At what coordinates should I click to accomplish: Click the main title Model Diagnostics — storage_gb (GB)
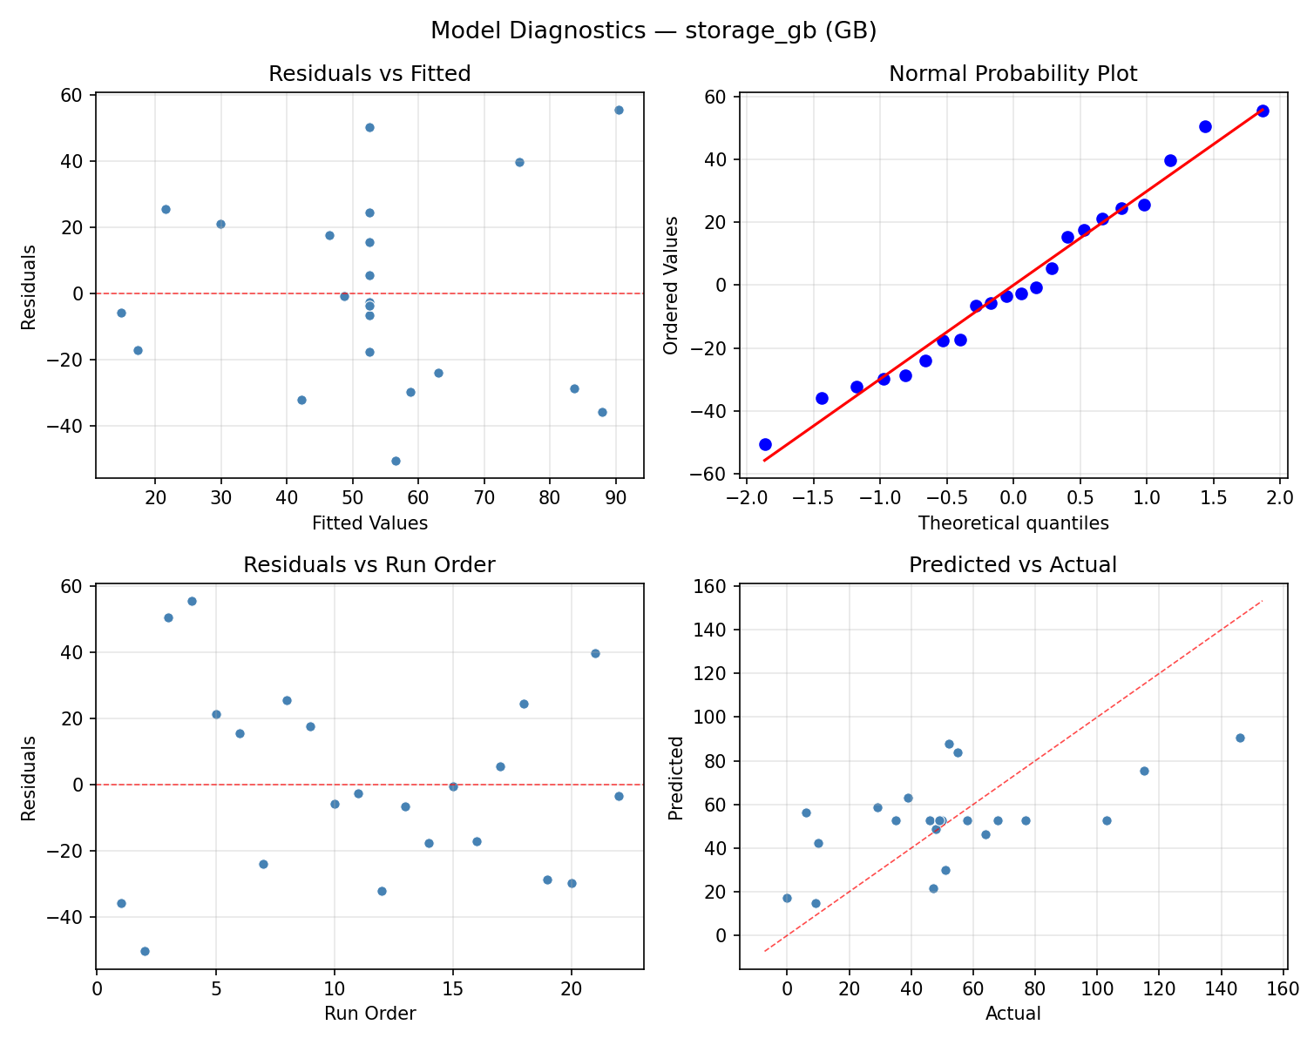pos(653,30)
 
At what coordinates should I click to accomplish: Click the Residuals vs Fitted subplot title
pos(369,74)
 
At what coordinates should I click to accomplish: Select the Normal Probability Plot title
pos(1012,74)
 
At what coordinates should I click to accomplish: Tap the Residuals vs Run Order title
pos(369,565)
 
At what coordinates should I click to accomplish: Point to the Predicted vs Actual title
pos(1012,565)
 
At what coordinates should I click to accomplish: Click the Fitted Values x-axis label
pos(369,523)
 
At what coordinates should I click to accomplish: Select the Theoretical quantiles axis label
pos(1012,523)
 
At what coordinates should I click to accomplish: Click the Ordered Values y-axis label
pos(670,285)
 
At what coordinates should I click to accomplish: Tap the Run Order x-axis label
pos(369,1014)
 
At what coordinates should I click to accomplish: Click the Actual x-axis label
pos(1012,1014)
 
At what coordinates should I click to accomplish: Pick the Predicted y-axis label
pos(675,777)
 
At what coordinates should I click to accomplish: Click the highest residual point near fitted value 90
pos(619,110)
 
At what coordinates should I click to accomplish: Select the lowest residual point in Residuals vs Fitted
pos(396,461)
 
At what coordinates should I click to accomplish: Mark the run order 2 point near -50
pos(145,951)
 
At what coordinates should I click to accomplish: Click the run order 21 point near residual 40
pos(595,653)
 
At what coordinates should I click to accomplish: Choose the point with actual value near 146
pos(1240,738)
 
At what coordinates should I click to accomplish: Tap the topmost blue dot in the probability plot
pos(1263,111)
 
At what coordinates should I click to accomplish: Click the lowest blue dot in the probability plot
pos(765,444)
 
